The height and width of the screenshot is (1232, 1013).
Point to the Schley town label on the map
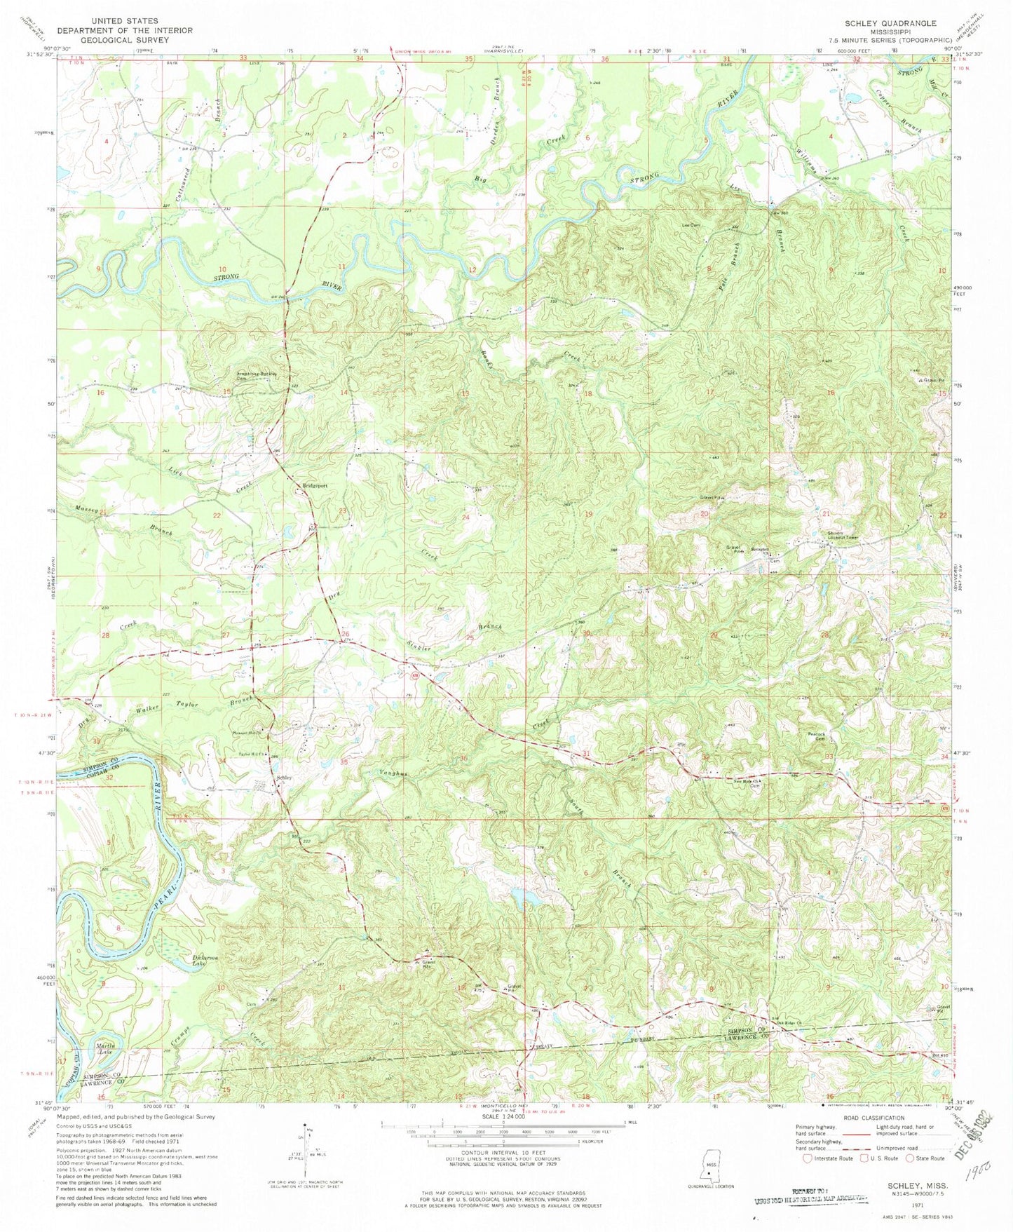(283, 778)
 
